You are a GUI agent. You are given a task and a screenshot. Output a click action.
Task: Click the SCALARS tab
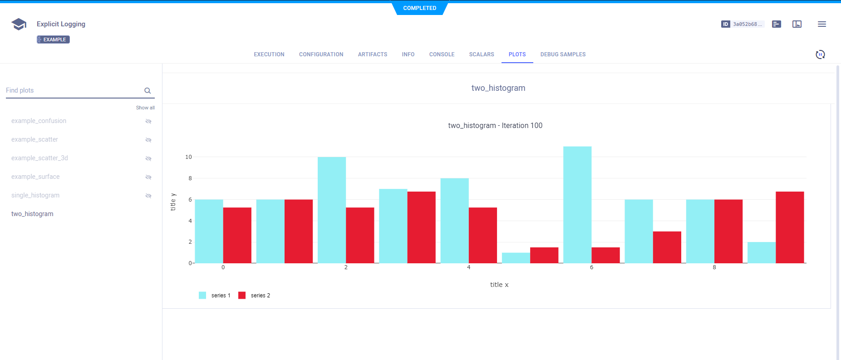(481, 54)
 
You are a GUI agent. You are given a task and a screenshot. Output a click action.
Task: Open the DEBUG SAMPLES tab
(562, 54)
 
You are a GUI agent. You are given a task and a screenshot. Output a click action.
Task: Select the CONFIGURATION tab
(321, 54)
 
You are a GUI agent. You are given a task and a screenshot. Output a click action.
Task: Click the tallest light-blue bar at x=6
(577, 205)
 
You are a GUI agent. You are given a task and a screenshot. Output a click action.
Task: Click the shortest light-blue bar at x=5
(516, 258)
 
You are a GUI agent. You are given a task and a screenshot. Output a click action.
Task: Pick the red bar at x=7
(667, 247)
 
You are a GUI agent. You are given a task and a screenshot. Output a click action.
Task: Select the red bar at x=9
(790, 227)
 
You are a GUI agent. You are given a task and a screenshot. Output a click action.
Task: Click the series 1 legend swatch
(202, 296)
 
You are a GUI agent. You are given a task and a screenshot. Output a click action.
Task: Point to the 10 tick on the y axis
(188, 157)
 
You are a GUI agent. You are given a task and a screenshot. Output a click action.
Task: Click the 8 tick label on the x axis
(714, 267)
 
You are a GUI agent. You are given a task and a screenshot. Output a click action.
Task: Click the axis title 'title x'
(499, 285)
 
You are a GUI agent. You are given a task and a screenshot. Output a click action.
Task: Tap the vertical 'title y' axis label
(173, 202)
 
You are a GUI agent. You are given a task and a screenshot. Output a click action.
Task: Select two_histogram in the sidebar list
(32, 214)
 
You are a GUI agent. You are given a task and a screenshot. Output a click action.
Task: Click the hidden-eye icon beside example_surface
(148, 177)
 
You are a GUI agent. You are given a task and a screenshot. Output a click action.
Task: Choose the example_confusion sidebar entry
(39, 121)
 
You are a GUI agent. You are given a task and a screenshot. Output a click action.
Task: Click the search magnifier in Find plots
(148, 91)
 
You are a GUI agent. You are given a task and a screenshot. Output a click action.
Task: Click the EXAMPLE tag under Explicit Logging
(53, 39)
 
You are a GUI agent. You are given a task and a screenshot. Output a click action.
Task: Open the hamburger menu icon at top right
(821, 24)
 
